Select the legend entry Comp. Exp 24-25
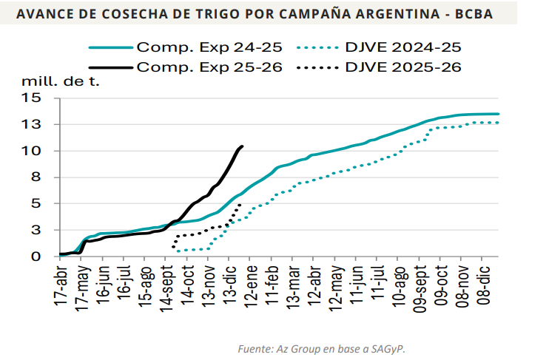point(209,47)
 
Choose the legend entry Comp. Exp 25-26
point(209,67)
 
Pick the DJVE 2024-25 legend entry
point(403,47)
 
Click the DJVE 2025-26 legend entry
point(403,67)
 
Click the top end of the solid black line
point(243,146)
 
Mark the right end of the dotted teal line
point(499,123)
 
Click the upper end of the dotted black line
point(240,205)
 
